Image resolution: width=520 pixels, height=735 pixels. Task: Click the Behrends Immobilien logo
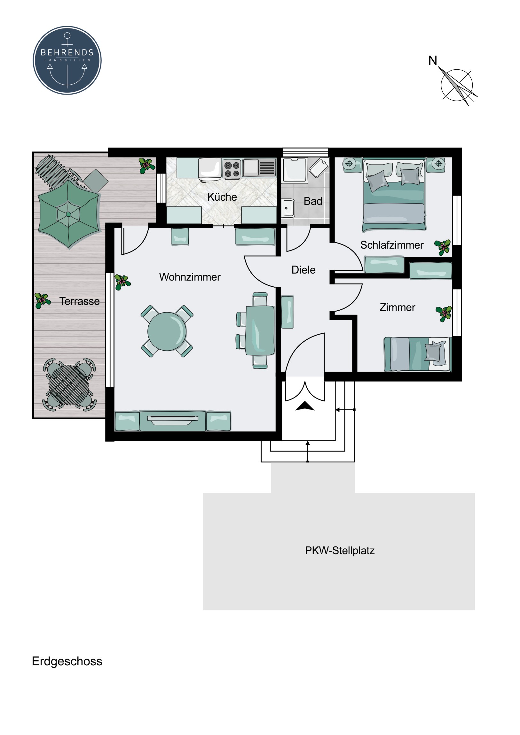click(67, 60)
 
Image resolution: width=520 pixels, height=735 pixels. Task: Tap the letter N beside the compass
click(432, 60)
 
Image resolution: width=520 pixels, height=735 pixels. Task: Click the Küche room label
click(222, 197)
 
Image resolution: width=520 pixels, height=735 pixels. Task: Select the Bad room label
click(313, 201)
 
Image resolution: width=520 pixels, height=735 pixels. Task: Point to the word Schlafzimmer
click(391, 245)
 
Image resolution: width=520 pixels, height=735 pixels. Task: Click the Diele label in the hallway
click(303, 270)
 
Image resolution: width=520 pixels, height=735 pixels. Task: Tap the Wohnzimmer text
click(190, 277)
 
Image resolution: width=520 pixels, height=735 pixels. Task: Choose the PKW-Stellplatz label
click(340, 550)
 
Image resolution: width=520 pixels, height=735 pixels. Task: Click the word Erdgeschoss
click(67, 661)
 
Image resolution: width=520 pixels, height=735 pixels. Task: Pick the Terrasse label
click(79, 301)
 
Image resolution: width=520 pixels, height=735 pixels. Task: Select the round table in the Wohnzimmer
click(167, 331)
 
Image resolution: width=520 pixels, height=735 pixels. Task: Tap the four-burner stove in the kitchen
click(232, 169)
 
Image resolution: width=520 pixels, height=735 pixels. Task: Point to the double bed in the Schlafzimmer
click(394, 194)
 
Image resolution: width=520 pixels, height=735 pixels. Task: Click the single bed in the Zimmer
click(417, 354)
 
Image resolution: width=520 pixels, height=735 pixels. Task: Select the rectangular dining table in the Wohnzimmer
click(260, 330)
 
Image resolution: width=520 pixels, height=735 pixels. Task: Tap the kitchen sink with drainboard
click(259, 168)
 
